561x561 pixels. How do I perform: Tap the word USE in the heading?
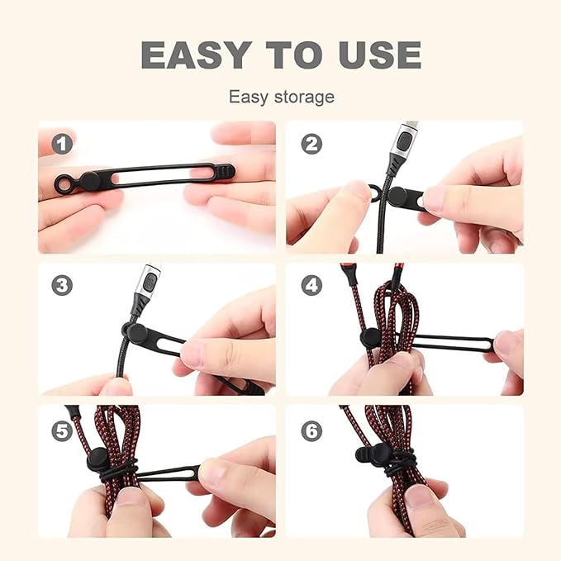[375, 54]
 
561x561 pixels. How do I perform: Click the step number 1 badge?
[62, 144]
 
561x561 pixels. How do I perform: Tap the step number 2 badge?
[311, 144]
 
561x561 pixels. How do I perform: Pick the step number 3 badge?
[62, 286]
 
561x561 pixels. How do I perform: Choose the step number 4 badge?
[311, 286]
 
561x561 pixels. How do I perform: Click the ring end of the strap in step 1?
[64, 181]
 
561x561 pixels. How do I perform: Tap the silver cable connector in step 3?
[150, 285]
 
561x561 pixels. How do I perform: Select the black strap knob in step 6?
[367, 455]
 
